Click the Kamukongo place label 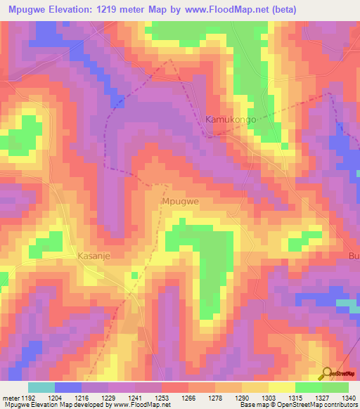tap(231, 120)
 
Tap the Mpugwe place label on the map tap(181, 201)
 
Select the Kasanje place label tap(94, 258)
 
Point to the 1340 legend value tap(348, 398)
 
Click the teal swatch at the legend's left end tap(41, 387)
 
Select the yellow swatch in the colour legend tap(281, 387)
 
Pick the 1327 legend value tap(321, 398)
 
